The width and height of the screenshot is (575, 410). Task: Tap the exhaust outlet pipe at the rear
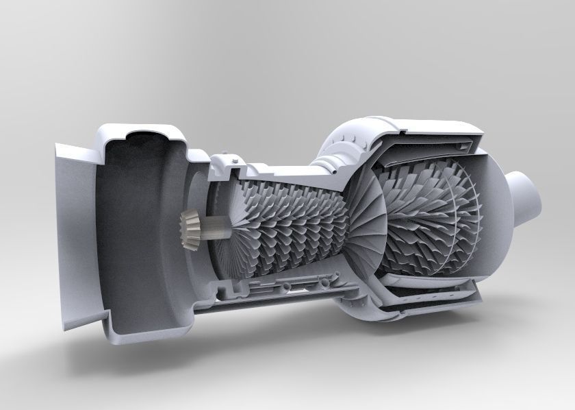528,193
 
